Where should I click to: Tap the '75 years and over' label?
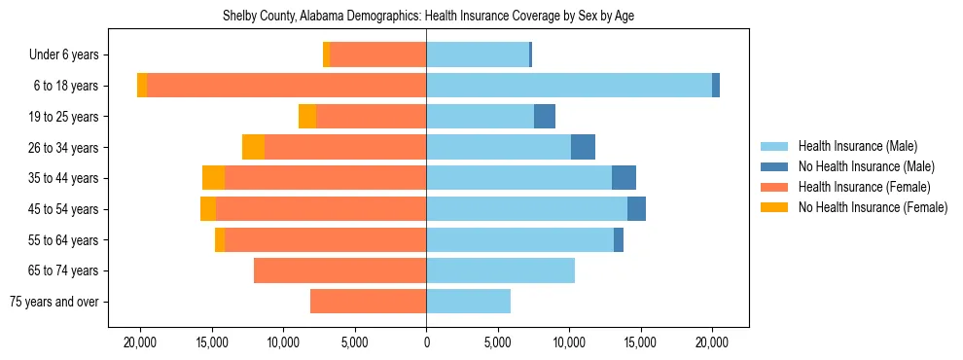[x=54, y=302]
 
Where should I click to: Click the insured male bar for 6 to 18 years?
[x=569, y=86]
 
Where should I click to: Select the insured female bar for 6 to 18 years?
[x=286, y=86]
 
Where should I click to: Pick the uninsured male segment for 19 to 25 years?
[x=545, y=117]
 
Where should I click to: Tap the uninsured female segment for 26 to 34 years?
[x=253, y=147]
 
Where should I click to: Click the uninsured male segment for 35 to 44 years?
[x=624, y=178]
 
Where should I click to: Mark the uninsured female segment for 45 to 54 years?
[x=208, y=209]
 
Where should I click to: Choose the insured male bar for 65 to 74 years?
[x=500, y=270]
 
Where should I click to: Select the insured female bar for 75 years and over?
[x=368, y=302]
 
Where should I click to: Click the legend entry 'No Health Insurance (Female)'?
[x=873, y=207]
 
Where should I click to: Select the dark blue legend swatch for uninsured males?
[x=774, y=166]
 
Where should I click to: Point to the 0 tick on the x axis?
[x=426, y=342]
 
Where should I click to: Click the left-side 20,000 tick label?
[x=141, y=342]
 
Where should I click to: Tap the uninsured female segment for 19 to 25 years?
[x=307, y=117]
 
